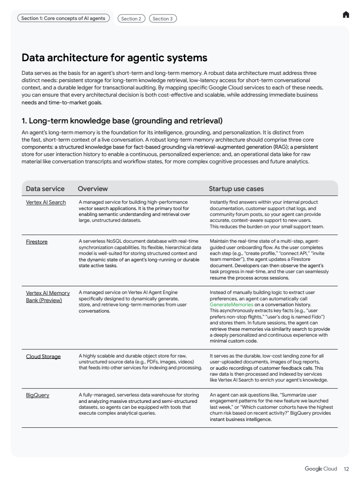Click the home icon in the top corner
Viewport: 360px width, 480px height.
tap(346, 15)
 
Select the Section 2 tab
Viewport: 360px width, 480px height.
tap(130, 19)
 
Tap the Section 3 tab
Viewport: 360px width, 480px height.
tap(163, 19)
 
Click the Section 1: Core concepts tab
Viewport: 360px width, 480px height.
tap(64, 18)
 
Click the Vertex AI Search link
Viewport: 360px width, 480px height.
tap(46, 202)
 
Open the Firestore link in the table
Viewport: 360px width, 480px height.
tap(37, 242)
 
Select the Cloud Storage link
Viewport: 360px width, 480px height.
tap(43, 357)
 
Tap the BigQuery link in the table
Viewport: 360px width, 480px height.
tap(38, 395)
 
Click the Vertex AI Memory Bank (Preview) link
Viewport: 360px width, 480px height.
tap(48, 296)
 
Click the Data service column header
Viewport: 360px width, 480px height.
tap(45, 189)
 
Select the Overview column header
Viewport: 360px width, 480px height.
tap(93, 189)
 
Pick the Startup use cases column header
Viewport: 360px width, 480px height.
tap(236, 189)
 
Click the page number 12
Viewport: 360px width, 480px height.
tap(346, 469)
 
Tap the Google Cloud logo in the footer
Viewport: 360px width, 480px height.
tap(321, 469)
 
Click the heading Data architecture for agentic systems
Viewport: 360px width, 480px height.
tap(114, 58)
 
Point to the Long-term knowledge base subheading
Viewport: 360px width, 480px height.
tap(122, 121)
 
